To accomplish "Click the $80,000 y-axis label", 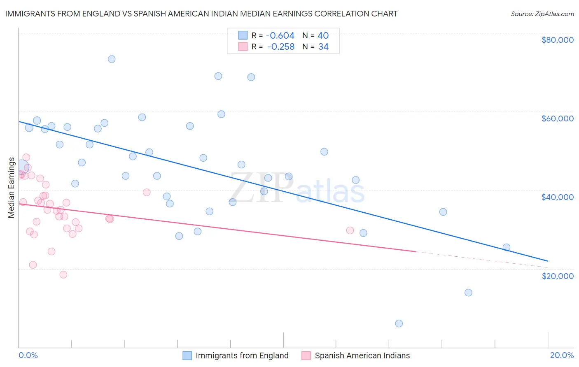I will (x=557, y=40).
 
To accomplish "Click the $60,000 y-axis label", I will (x=557, y=118).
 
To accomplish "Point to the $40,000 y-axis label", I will (x=557, y=197).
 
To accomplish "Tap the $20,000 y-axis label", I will (x=557, y=276).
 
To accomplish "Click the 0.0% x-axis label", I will (x=28, y=355).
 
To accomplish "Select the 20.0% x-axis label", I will (x=562, y=355).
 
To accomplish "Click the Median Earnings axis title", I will (x=12, y=188).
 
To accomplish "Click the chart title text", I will (x=201, y=14).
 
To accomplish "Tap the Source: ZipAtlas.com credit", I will (x=542, y=14).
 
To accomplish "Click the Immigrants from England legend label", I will (x=242, y=355).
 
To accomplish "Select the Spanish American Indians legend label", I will (x=362, y=355).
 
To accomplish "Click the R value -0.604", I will (x=280, y=35).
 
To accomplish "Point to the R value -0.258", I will (x=281, y=46).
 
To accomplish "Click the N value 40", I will (x=323, y=35).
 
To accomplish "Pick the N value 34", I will (x=323, y=46).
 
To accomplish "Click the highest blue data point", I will (x=112, y=59).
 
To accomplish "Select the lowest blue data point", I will (x=399, y=323).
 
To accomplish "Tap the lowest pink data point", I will (x=63, y=274).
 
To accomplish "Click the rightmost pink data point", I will (x=350, y=230).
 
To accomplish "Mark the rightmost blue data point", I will (x=507, y=247).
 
